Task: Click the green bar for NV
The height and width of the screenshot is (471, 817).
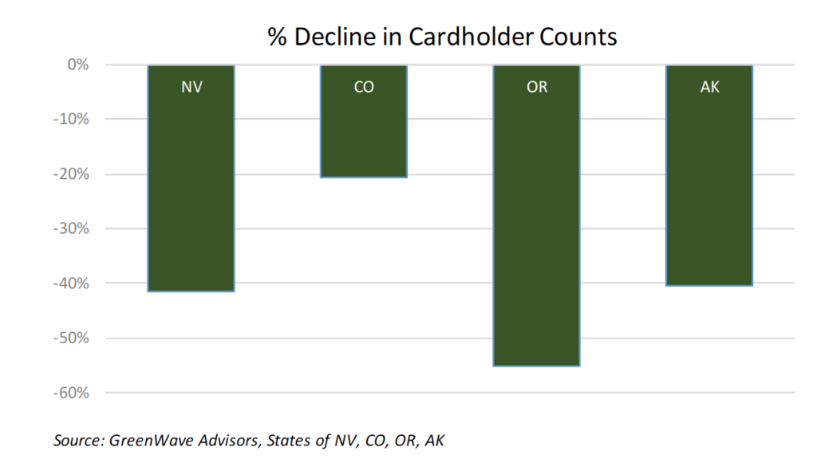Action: (x=191, y=192)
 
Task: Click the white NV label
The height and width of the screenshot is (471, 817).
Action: (x=191, y=87)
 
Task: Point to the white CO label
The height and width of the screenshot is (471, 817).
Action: (x=364, y=87)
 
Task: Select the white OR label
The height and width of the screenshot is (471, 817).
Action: (x=537, y=87)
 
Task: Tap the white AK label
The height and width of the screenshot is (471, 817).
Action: (x=709, y=87)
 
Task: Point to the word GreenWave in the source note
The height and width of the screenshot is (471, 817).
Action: (x=148, y=440)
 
